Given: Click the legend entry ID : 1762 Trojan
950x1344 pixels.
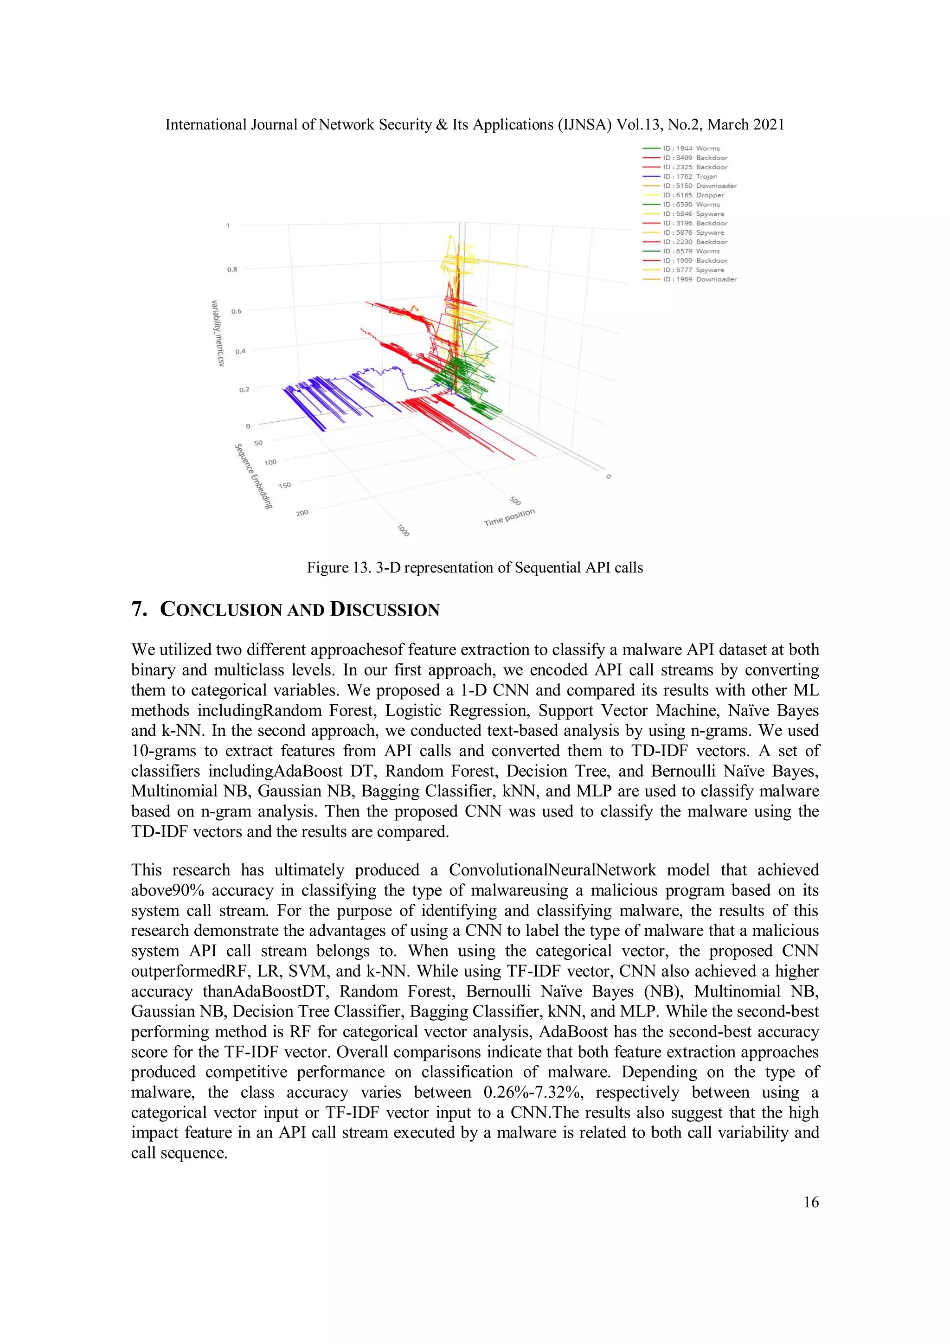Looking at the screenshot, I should click(x=689, y=176).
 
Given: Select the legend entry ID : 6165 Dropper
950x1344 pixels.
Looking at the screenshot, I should click(x=693, y=195).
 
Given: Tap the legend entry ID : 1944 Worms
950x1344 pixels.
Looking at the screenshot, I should click(x=691, y=148).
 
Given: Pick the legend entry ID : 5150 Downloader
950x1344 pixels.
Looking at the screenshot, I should click(x=700, y=186).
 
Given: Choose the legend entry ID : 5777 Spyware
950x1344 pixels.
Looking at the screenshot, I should click(x=693, y=270).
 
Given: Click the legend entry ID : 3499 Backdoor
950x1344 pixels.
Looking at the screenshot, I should click(x=695, y=157).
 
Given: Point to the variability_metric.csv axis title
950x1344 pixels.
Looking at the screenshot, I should click(x=217, y=333).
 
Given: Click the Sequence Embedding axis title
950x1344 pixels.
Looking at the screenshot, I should click(x=253, y=476).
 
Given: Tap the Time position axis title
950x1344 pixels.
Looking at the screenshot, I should click(x=509, y=517).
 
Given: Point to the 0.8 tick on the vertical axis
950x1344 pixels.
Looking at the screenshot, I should click(x=232, y=269).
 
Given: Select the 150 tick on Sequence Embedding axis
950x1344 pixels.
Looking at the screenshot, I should click(x=284, y=485).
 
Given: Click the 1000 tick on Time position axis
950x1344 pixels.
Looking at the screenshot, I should click(x=403, y=530).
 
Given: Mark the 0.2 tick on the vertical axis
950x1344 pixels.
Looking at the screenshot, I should click(x=244, y=389).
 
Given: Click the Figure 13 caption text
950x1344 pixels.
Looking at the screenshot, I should click(x=475, y=567).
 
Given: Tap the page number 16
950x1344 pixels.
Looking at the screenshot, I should click(x=811, y=1202).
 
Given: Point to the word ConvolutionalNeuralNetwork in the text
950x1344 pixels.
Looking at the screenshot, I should click(x=552, y=870).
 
